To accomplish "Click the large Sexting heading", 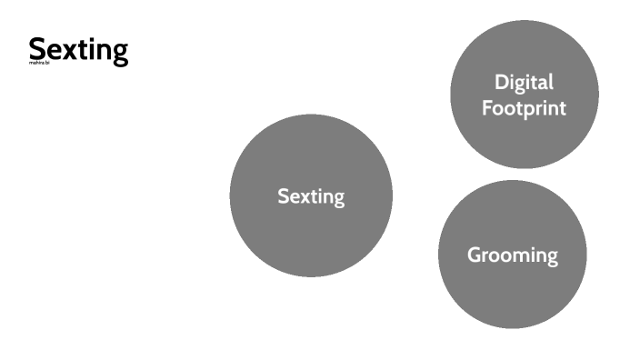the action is tap(78, 50).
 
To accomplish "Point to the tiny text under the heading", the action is tap(37, 65).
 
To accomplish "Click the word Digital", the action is tap(524, 82).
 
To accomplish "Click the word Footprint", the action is tap(525, 108).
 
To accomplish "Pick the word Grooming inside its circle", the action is tap(513, 255).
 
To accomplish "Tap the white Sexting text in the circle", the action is tap(311, 196).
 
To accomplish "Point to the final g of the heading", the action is tap(119, 54).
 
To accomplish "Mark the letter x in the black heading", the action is tap(69, 52).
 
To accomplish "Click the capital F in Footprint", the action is tap(488, 108).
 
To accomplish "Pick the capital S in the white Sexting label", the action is tap(283, 196).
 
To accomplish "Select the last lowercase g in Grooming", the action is tap(552, 258).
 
